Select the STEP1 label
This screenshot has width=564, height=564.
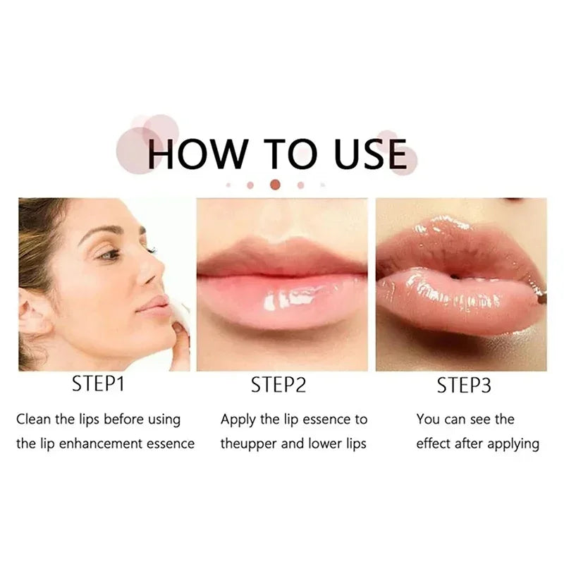click(x=100, y=385)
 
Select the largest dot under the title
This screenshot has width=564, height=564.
click(x=276, y=185)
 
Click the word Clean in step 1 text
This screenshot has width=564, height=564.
click(x=34, y=419)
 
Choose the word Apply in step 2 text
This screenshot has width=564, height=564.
click(x=238, y=419)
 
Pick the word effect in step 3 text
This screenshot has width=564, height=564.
click(x=433, y=444)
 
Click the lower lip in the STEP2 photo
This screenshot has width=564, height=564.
click(x=282, y=300)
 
